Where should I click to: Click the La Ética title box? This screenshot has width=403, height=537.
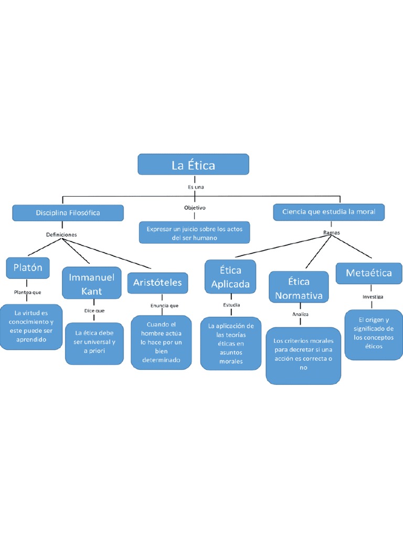pos(193,165)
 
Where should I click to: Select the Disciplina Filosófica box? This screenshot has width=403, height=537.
pos(68,213)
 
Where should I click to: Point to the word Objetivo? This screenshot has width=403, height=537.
pos(195,208)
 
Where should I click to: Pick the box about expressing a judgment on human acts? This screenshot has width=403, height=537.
pos(194,233)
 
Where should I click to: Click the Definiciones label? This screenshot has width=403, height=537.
pos(61,234)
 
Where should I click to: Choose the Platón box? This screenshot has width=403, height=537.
pos(28,268)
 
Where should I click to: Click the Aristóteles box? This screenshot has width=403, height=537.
pos(157,283)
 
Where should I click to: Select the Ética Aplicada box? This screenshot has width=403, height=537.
pos(230,277)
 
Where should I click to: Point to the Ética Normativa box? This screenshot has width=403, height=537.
pos(298,288)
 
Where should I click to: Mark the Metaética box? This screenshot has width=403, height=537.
pos(369,273)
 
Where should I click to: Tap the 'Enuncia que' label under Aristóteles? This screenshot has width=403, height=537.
pos(164,305)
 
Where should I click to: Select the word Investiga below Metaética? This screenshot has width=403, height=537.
pos(373,296)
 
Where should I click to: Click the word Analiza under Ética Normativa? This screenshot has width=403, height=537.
pos(301,314)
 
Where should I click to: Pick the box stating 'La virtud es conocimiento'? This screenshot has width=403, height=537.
pos(31,326)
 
